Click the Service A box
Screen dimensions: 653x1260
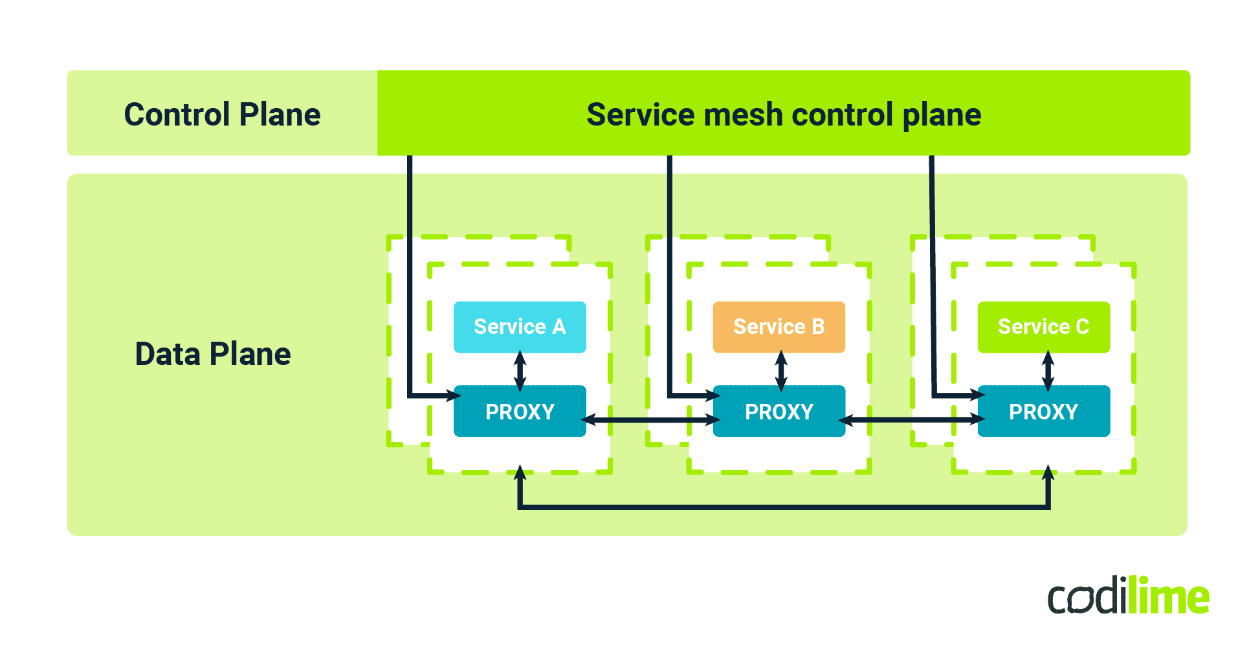[520, 327]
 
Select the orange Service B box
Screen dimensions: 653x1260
[779, 327]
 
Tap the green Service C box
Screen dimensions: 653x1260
[1043, 327]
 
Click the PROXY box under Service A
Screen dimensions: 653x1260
[520, 412]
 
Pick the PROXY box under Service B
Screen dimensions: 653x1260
[779, 412]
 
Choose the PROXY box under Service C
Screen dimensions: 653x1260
[1043, 412]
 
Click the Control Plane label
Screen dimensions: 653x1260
[222, 115]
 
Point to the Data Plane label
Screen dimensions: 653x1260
[213, 354]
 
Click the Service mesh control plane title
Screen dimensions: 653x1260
[783, 115]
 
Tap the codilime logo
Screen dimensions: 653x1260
[1128, 596]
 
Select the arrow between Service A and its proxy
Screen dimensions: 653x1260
[520, 370]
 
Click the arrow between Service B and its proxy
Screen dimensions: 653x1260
[781, 370]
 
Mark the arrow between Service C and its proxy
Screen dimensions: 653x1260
[1048, 370]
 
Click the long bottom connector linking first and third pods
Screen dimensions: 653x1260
[783, 507]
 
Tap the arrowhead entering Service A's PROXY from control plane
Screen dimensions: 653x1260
[453, 395]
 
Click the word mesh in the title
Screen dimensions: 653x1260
[743, 115]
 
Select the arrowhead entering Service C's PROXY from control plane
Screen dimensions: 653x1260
[977, 395]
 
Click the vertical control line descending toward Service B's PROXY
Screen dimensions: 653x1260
[670, 272]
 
